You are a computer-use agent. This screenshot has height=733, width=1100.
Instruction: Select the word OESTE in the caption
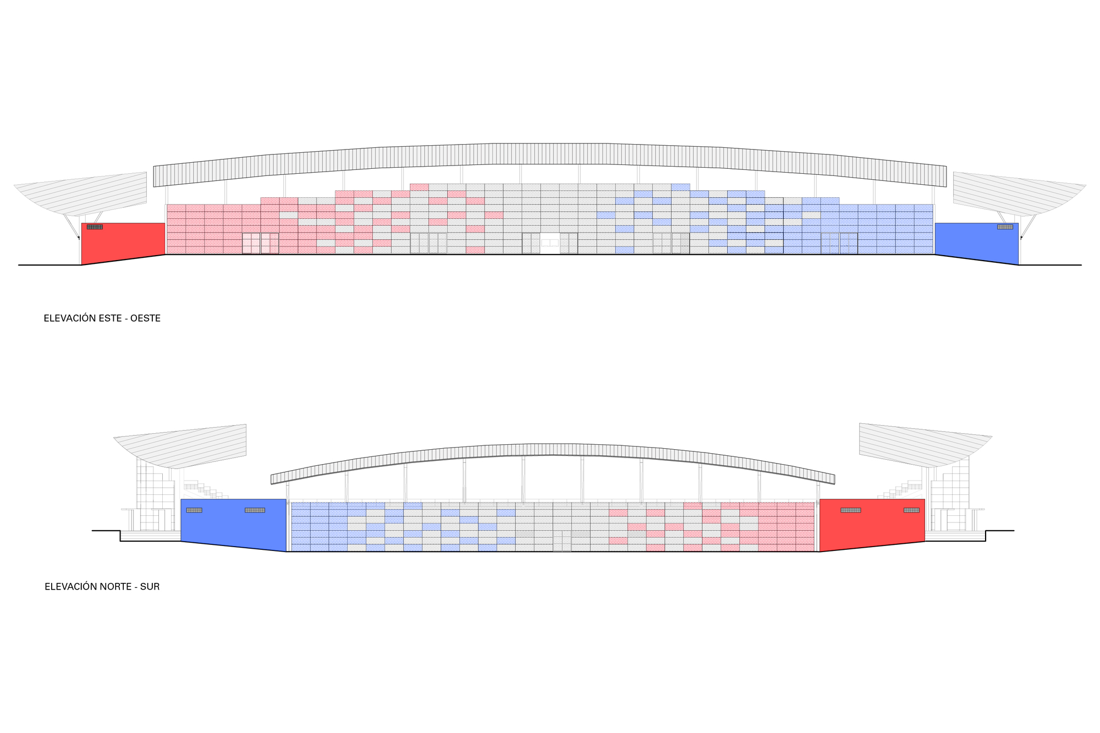(x=145, y=318)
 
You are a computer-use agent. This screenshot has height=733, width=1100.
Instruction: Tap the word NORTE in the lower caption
(x=113, y=587)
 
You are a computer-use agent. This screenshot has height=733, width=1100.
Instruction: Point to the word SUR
(x=150, y=587)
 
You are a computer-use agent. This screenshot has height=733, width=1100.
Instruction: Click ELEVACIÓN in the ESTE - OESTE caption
(x=70, y=318)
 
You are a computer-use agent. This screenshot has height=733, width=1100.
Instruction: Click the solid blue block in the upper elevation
(x=977, y=242)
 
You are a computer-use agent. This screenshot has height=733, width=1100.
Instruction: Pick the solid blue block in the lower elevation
(x=234, y=524)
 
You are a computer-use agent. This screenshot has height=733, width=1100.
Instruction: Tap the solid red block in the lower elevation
(x=872, y=524)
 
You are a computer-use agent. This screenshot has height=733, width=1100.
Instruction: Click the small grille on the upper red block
(x=95, y=227)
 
